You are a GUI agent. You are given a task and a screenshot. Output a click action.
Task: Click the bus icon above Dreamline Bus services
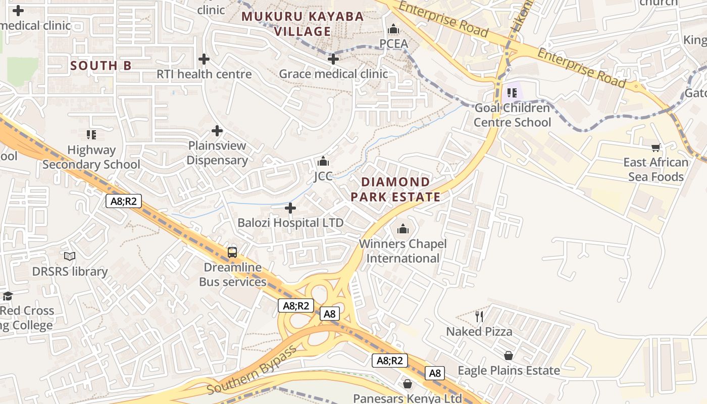[x=232, y=252]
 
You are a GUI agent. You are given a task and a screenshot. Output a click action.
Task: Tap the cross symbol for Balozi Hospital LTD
[x=290, y=208]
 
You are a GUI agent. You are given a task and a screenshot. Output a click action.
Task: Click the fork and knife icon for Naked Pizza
[x=479, y=317]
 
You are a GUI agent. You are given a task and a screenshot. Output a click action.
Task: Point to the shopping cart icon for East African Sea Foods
[x=655, y=147]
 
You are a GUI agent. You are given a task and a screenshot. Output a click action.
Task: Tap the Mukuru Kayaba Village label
[x=302, y=24]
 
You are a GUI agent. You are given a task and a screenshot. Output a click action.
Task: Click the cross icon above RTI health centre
[x=204, y=60]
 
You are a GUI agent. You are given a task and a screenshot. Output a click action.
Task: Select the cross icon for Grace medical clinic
[x=333, y=60]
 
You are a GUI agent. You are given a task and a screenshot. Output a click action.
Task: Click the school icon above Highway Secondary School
[x=91, y=135]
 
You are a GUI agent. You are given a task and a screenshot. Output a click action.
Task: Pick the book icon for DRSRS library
[x=70, y=257]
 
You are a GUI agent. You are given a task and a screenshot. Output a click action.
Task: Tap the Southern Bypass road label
[x=252, y=371]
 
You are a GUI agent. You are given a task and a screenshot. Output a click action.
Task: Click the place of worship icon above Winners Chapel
[x=402, y=229]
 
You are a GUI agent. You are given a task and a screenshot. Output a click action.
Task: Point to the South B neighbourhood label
[x=101, y=66]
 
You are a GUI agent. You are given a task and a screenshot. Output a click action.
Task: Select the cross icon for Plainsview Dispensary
[x=217, y=131]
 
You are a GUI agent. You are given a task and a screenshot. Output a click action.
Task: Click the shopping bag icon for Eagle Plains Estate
[x=509, y=356]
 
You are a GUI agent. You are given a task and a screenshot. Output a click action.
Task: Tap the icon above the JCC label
[x=323, y=162]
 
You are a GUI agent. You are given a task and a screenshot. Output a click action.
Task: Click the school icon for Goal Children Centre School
[x=512, y=93]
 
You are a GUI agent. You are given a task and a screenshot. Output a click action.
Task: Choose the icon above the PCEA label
[x=393, y=29]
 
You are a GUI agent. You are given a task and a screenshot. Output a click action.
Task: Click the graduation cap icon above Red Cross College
[x=7, y=296]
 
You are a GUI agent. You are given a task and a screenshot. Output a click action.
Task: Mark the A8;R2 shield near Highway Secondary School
[x=124, y=201]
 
